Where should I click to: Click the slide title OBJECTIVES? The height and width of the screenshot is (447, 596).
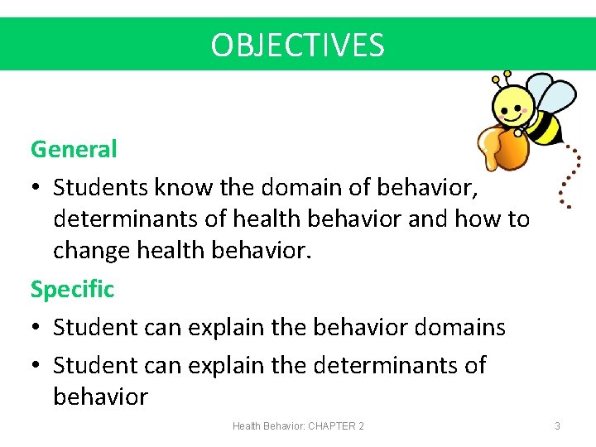coord(297,45)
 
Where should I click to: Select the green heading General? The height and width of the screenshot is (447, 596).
coord(74,150)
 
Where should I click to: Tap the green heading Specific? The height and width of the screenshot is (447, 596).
coord(72,289)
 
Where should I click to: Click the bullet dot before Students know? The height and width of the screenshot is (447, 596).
coord(36,189)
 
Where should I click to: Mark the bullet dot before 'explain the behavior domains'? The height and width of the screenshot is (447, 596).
coord(36,329)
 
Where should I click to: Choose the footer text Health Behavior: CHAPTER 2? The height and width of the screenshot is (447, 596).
coord(298,425)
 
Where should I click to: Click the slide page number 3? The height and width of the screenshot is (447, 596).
coord(557,425)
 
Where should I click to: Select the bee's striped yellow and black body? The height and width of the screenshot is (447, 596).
coord(544,127)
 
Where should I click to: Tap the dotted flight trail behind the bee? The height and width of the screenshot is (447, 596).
coord(565,178)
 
